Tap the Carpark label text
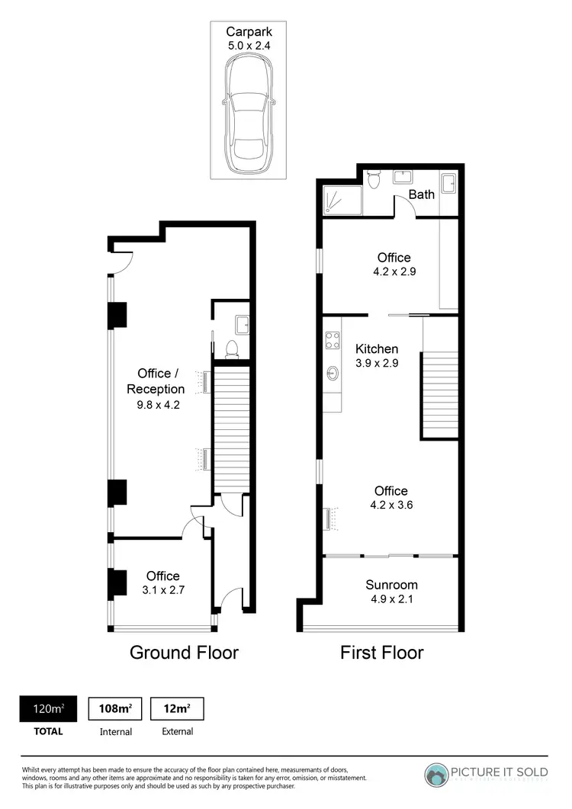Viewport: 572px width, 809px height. (249, 31)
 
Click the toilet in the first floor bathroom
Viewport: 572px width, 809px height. (373, 181)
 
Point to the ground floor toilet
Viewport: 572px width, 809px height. (233, 349)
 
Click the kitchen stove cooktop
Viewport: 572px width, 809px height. (332, 340)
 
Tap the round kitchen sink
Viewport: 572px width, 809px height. (333, 374)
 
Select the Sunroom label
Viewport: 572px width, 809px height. (391, 585)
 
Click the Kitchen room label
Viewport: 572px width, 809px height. (377, 349)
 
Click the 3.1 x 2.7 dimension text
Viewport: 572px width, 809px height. (162, 590)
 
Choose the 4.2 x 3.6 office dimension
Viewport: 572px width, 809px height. (390, 505)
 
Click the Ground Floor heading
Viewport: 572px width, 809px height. (184, 653)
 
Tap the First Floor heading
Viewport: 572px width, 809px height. (381, 653)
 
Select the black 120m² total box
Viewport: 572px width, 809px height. (49, 708)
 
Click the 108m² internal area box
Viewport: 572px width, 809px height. (116, 708)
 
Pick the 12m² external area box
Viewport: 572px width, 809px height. (177, 708)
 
